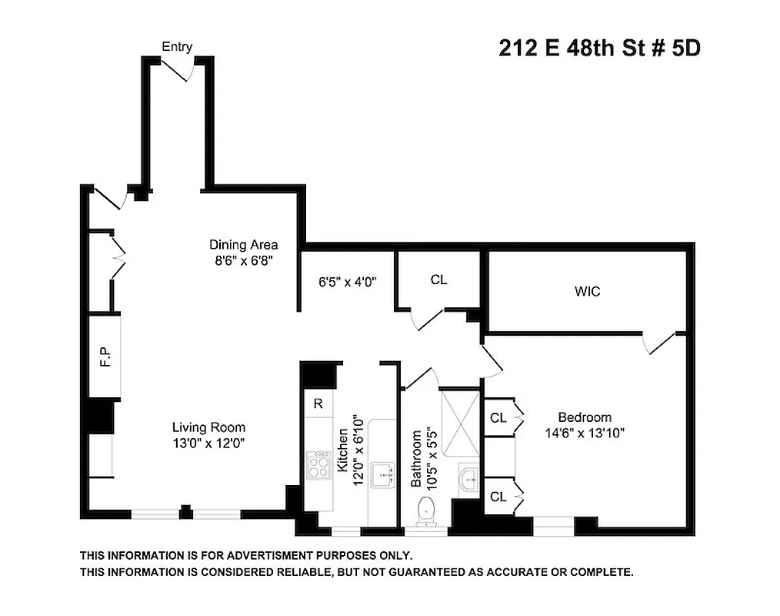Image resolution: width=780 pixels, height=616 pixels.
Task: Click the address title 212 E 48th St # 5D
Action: point(599,49)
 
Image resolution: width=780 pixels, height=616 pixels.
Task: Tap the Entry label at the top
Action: point(176,47)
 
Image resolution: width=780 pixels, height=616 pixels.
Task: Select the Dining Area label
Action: point(243,245)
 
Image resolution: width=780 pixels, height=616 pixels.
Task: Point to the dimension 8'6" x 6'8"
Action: point(245,260)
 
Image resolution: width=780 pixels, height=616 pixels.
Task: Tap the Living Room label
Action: point(208,427)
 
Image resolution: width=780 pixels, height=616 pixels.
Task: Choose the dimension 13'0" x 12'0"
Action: point(208,443)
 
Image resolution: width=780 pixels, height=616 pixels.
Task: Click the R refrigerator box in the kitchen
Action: point(317,403)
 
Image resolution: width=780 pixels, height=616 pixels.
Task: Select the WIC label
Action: point(587,292)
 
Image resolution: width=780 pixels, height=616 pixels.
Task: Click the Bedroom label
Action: point(585,417)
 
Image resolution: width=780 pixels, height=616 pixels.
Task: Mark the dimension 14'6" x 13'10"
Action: point(585,433)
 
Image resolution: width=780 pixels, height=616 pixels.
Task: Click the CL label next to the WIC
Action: point(438,280)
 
